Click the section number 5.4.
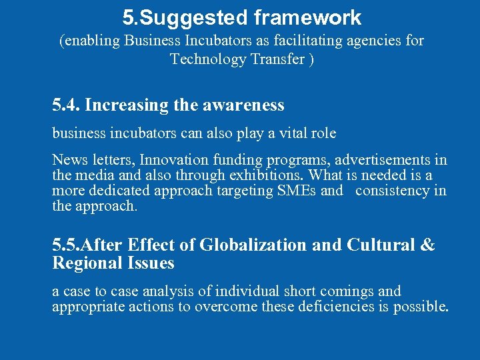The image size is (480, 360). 66,105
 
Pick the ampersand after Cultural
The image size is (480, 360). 427,245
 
